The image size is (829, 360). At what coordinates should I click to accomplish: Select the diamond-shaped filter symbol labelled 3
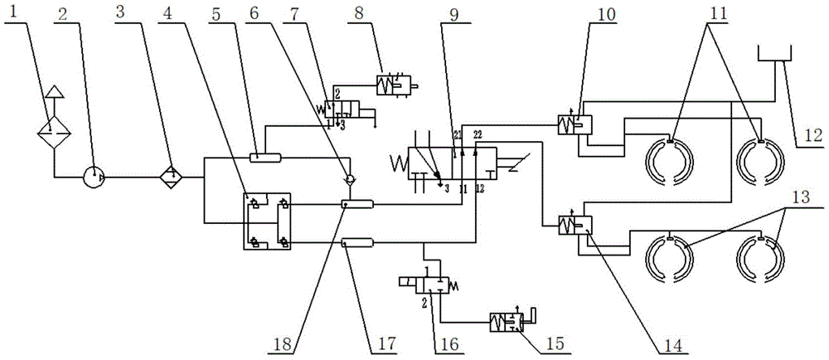tap(172, 177)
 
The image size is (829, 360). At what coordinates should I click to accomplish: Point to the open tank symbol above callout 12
tap(773, 54)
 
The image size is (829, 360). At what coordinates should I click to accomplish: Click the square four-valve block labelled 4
tap(265, 221)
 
